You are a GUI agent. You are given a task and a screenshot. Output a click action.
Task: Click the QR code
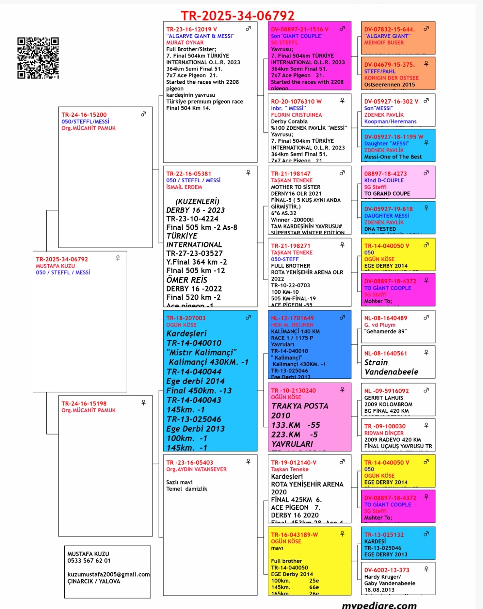click(38, 58)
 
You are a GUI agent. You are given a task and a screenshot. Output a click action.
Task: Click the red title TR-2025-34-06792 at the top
click(237, 16)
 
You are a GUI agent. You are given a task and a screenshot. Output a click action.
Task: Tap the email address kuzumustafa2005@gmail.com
click(108, 574)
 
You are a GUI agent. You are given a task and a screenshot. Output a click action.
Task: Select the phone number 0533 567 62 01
click(89, 561)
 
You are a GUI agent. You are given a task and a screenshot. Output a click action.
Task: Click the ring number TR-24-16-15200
click(84, 115)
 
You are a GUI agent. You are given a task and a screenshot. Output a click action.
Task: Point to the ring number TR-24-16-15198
click(84, 403)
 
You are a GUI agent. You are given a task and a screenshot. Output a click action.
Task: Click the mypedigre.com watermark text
click(379, 605)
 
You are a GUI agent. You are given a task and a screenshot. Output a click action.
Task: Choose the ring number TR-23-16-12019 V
click(191, 29)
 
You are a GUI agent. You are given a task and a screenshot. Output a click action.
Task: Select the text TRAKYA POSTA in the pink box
click(300, 406)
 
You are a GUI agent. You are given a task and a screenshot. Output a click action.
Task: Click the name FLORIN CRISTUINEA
click(296, 115)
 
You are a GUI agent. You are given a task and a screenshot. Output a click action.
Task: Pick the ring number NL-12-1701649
click(292, 318)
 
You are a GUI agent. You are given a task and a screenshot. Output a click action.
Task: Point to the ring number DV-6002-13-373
click(386, 570)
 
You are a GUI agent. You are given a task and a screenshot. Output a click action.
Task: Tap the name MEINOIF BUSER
click(384, 43)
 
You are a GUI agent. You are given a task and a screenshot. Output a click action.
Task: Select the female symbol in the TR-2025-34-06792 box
click(118, 258)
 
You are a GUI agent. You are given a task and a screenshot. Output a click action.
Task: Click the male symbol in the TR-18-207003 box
click(248, 317)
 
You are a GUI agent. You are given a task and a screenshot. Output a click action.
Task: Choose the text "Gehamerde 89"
click(385, 332)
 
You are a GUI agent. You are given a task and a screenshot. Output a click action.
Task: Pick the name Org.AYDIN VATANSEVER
click(196, 469)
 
